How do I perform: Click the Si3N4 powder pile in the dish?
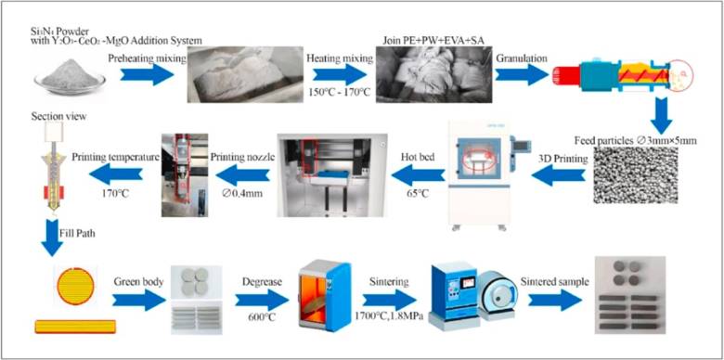(70, 74)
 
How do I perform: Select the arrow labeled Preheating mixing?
(148, 74)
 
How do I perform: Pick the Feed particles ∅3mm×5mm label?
(635, 141)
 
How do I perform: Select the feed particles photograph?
(635, 175)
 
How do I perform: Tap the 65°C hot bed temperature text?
(418, 192)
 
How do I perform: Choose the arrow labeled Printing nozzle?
(243, 174)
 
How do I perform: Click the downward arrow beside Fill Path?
(52, 238)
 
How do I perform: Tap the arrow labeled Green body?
(139, 301)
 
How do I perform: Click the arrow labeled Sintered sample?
(555, 301)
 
